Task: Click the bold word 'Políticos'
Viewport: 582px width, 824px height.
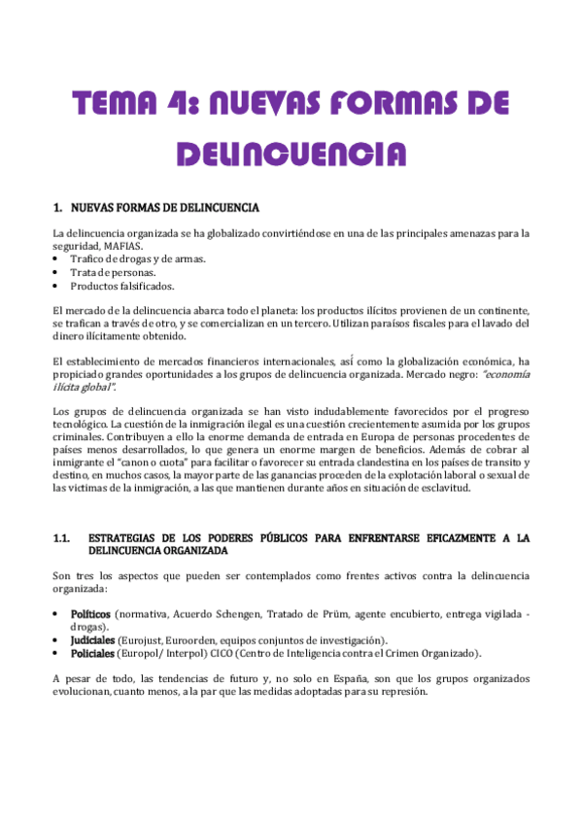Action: pos(90,615)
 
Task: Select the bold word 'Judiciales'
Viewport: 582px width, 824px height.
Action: pos(93,639)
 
